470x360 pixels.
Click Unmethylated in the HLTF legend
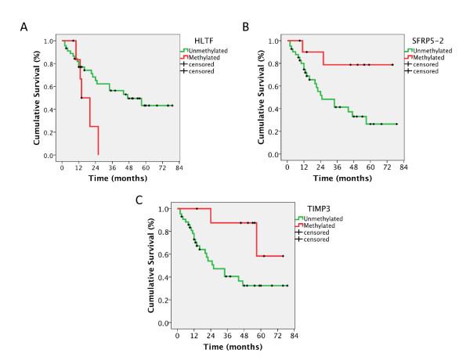pyautogui.click(x=206, y=50)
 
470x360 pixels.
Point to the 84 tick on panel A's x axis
pyautogui.click(x=180, y=166)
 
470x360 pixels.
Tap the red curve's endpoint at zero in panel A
pyautogui.click(x=98, y=154)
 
